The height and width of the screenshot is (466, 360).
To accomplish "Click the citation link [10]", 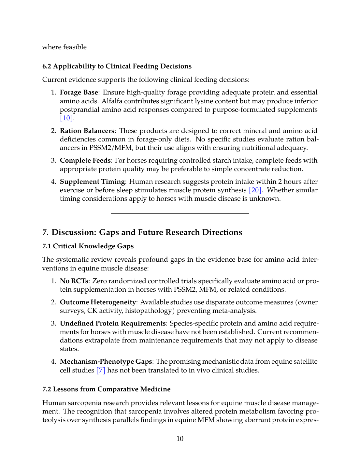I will (66, 118).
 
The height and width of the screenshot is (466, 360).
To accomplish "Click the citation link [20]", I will (255, 190).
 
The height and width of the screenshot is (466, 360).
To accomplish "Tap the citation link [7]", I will (101, 370).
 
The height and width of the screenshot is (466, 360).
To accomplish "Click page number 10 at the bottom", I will (180, 439).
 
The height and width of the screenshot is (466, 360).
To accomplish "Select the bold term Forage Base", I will (79, 92).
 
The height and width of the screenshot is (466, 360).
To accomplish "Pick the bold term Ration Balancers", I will (87, 131).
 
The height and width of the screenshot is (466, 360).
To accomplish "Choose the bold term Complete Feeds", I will (85, 160).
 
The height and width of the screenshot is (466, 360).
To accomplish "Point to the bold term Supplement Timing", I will (92, 182).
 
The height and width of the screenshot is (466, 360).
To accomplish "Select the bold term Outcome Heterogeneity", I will (98, 302).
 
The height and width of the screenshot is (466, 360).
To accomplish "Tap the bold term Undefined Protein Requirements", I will (113, 323).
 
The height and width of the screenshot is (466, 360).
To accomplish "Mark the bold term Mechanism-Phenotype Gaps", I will (106, 361).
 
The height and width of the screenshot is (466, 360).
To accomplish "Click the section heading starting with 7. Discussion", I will (142, 232).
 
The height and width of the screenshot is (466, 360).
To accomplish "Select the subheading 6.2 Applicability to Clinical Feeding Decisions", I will (117, 66).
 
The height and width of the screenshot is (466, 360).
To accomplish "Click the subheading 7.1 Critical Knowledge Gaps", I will (88, 246).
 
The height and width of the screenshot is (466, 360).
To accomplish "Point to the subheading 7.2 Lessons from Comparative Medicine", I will (106, 389).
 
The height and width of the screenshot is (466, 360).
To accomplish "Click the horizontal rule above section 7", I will (180, 213).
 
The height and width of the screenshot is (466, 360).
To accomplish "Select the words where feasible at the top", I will (64, 47).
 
